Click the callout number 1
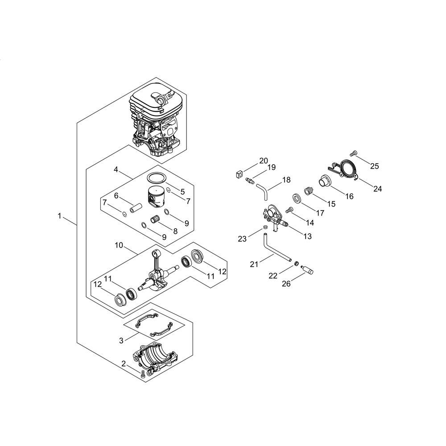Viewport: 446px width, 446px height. click(59, 216)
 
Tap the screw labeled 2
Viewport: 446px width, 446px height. click(143, 374)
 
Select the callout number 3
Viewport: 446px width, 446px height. click(121, 340)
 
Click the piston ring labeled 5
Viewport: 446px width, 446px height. click(157, 179)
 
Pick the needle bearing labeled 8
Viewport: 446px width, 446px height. click(156, 220)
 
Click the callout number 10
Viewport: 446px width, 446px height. click(119, 245)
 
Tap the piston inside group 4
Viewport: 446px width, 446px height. click(157, 198)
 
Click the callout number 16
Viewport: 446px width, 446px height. click(349, 196)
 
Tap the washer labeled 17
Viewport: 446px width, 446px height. click(297, 198)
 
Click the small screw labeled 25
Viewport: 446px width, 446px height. click(354, 153)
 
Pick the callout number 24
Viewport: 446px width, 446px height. click(377, 189)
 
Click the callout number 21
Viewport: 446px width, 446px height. click(254, 264)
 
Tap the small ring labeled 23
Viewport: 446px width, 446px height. click(265, 227)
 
